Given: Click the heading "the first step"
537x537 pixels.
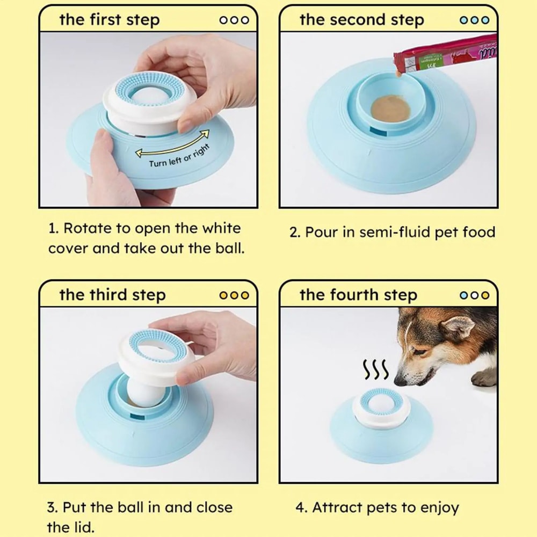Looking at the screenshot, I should coord(109,20).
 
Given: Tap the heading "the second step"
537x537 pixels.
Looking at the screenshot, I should coord(361,20).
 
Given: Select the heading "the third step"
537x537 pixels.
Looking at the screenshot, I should coord(112,295).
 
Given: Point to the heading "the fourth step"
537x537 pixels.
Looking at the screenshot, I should coord(358,295).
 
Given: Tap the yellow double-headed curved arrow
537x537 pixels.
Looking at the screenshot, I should coord(171,143).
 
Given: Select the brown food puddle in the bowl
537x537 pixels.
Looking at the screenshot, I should coord(390,107).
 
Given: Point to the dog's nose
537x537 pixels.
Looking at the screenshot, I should coord(400,381).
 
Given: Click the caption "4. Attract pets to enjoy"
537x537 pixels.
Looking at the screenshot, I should coord(377,507).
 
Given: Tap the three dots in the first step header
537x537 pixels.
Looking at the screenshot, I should coord(234,20).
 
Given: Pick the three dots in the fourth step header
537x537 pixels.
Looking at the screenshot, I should coord(475,295).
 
